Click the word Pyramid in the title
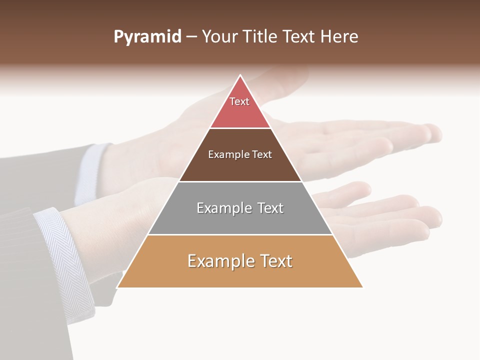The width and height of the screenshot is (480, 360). (x=147, y=37)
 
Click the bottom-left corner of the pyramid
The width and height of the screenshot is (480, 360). (x=117, y=287)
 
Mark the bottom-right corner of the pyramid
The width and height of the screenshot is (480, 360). (x=362, y=287)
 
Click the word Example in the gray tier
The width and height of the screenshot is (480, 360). (x=223, y=208)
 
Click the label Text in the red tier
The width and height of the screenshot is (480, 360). (x=239, y=101)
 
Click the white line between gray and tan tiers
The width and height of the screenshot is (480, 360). (x=240, y=234)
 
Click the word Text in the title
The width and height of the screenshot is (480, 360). (x=300, y=37)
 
